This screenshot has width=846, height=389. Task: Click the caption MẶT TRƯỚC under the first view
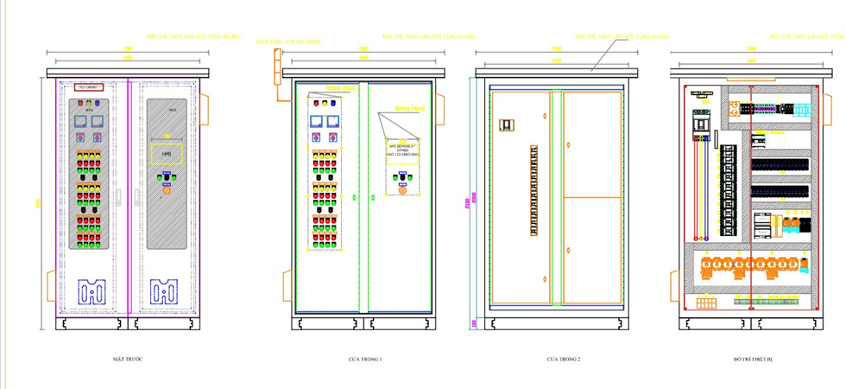(126, 358)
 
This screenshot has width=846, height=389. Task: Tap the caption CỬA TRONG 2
(563, 358)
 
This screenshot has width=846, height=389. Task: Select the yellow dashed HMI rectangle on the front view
(167, 154)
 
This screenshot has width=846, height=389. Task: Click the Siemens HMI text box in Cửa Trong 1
(398, 149)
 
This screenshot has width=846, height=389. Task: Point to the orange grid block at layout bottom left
(707, 302)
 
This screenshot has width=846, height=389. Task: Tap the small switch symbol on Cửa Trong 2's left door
(506, 124)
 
